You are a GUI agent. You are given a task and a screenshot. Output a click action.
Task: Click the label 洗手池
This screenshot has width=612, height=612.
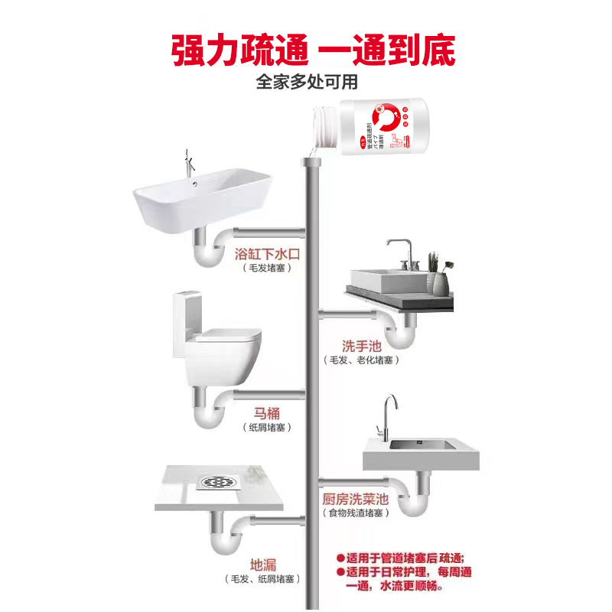[x=362, y=346]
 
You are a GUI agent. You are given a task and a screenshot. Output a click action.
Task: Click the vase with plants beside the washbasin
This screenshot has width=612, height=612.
[x=438, y=275]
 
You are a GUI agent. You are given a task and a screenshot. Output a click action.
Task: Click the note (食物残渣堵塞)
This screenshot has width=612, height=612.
[x=354, y=513]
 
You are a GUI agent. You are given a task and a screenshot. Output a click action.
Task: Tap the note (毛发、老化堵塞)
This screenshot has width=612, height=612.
[x=362, y=360]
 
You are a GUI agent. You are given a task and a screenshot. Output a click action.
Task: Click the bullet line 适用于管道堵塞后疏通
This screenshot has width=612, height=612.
[x=405, y=558]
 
